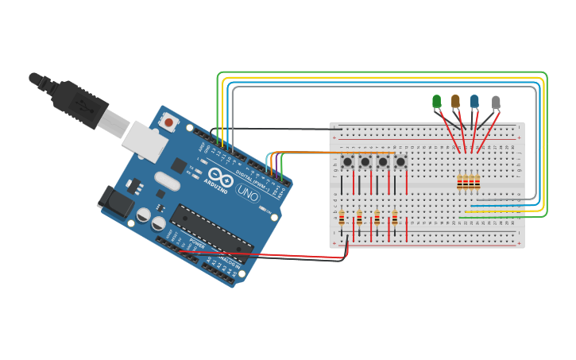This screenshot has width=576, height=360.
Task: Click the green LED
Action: (436, 101)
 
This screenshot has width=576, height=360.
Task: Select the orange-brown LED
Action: (455, 101)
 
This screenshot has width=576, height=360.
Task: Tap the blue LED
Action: (474, 101)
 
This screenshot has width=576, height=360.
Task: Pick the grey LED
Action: (496, 102)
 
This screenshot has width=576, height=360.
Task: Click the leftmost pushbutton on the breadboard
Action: (347, 162)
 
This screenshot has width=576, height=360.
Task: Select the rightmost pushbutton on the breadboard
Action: (400, 162)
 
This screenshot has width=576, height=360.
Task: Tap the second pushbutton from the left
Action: (365, 162)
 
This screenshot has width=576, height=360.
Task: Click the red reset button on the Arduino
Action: (168, 123)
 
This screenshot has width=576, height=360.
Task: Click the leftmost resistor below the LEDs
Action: (461, 184)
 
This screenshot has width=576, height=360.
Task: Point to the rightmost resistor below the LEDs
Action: (477, 184)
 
